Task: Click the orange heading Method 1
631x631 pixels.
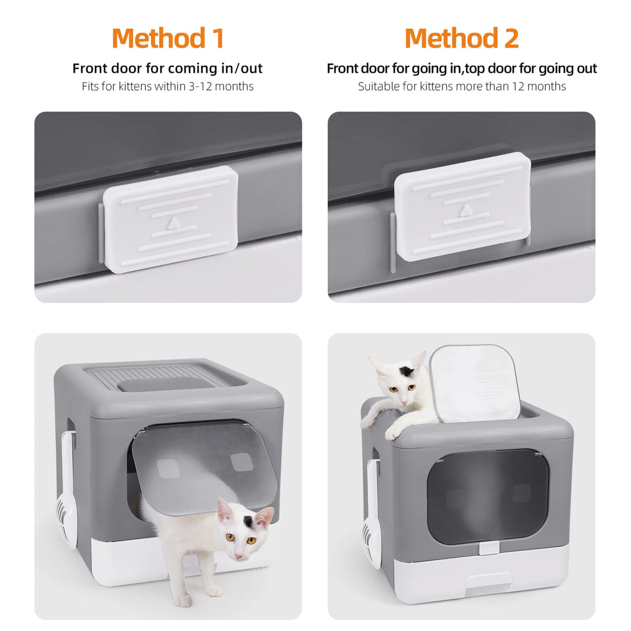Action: tap(168, 38)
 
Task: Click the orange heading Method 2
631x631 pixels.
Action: tap(462, 38)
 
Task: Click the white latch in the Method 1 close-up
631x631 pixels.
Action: tap(170, 219)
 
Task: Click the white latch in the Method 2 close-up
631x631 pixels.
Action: tap(463, 206)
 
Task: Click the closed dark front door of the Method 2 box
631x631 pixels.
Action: tap(487, 496)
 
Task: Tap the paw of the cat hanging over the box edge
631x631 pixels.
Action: tap(393, 433)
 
